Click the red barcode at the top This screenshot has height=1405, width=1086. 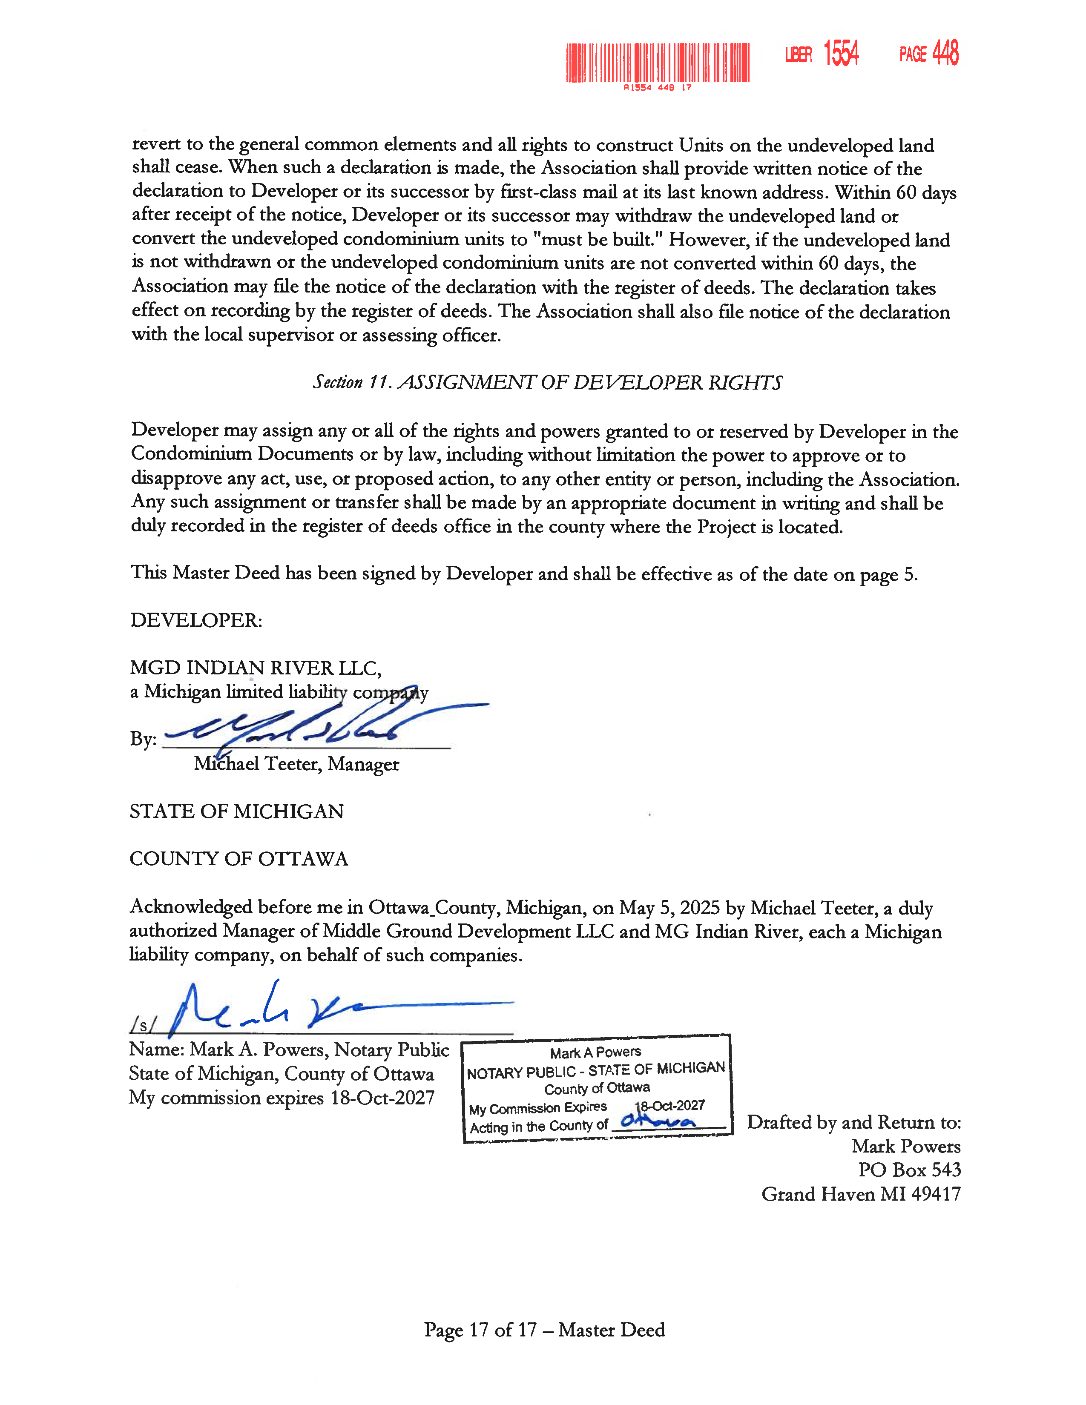pyautogui.click(x=658, y=63)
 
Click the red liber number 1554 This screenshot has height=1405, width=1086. pyautogui.click(x=841, y=53)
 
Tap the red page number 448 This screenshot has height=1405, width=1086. pyautogui.click(x=945, y=53)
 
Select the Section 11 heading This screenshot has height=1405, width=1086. pyautogui.click(x=548, y=382)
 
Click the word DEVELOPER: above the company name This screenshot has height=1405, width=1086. pyautogui.click(x=196, y=620)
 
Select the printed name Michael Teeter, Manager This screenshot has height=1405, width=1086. pyautogui.click(x=296, y=764)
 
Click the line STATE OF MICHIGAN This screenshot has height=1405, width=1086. pyautogui.click(x=237, y=811)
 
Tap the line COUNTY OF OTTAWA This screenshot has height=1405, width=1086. pyautogui.click(x=238, y=859)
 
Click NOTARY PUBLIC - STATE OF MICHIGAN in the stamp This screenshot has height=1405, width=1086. pyautogui.click(x=596, y=1070)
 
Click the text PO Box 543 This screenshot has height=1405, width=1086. pyautogui.click(x=909, y=1170)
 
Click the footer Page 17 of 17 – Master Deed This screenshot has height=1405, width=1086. pyautogui.click(x=544, y=1330)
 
